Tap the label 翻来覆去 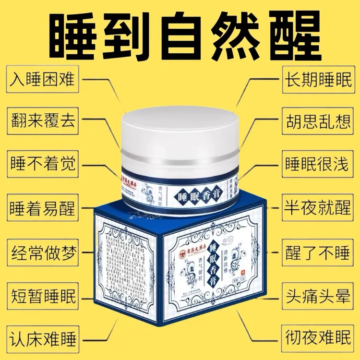click(43, 120)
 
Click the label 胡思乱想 click(317, 120)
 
